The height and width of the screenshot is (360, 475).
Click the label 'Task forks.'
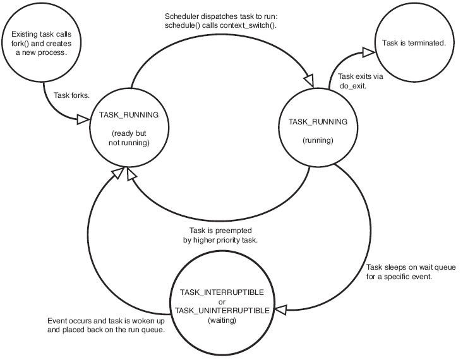[x=72, y=95]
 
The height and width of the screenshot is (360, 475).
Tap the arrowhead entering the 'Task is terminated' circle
[x=369, y=52]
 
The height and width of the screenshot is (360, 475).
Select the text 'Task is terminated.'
[x=414, y=43]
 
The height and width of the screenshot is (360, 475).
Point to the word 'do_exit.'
[x=352, y=86]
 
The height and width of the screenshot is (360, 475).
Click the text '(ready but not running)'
[x=129, y=138]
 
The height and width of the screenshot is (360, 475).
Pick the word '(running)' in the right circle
[x=318, y=140]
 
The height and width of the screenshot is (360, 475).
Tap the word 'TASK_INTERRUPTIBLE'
[x=222, y=292]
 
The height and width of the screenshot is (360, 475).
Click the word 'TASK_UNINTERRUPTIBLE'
[x=222, y=311]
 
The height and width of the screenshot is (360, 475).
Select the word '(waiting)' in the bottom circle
[x=222, y=320]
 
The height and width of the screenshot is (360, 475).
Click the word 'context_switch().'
[x=248, y=25]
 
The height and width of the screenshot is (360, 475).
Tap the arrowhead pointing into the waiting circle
[x=280, y=309]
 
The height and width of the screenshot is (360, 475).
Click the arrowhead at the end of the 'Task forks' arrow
[x=83, y=119]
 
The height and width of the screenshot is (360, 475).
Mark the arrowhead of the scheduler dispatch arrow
[x=310, y=81]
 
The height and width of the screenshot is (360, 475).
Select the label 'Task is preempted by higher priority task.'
[x=220, y=236]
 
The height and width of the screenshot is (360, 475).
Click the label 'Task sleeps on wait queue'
[x=411, y=267]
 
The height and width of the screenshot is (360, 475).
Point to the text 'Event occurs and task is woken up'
[x=106, y=321]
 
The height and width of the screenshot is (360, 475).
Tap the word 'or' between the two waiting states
[x=222, y=302]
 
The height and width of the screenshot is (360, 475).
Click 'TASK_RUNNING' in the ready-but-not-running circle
[x=129, y=115]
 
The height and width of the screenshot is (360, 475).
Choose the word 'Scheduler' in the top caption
[x=179, y=16]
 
